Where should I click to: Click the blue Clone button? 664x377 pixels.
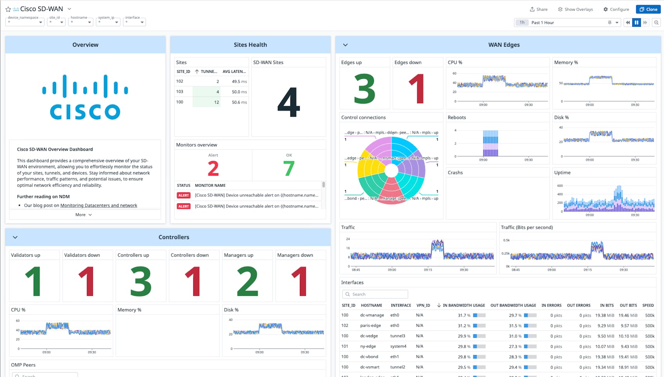648,9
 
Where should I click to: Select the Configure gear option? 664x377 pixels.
616,9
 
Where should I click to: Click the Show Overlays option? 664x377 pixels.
575,9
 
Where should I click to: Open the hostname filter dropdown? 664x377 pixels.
80,22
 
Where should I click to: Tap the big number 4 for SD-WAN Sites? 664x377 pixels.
288,102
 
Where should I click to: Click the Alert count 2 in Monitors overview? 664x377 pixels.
213,169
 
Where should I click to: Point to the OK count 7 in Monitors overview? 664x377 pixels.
288,169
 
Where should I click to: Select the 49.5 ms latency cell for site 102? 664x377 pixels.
239,82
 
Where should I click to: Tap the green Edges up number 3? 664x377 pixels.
365,89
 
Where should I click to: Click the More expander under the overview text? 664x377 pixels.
83,215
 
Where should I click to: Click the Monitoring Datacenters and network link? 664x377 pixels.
99,205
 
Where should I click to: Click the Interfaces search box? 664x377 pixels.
375,294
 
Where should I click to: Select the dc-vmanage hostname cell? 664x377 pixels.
372,315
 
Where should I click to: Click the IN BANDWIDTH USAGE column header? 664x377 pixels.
463,305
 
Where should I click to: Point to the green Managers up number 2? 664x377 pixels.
247,281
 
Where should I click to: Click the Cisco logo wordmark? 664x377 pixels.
85,111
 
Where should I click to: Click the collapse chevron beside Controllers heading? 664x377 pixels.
15,237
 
